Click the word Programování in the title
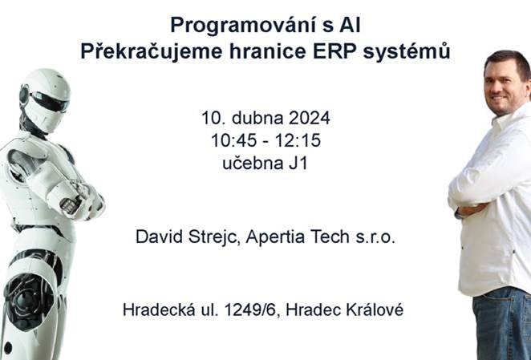243,26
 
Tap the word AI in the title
350,26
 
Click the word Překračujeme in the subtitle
152,52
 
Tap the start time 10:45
233,140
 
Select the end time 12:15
298,140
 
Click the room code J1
298,164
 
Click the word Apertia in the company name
276,237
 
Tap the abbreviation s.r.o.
375,237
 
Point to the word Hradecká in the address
159,309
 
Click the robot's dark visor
49,101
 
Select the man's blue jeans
502,324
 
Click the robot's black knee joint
27,300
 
